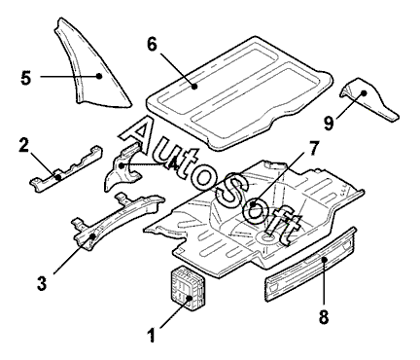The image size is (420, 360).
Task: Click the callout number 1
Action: click(151, 335)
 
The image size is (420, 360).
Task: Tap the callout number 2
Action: click(24, 145)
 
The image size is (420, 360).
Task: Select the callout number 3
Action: click(42, 283)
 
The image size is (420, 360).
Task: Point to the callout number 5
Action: click(26, 78)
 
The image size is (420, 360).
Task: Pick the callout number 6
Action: click(152, 44)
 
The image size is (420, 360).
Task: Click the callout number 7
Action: click(312, 149)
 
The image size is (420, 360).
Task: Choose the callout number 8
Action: click(324, 316)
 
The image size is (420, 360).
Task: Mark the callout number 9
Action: click(329, 124)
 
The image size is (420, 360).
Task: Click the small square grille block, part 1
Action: click(188, 288)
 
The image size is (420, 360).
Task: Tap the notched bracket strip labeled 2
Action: click(66, 168)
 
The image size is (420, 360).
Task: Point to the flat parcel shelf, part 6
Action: click(240, 92)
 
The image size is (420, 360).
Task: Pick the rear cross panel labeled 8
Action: click(311, 265)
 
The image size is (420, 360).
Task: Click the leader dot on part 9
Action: click(364, 93)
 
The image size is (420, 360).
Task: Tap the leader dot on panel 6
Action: click(194, 87)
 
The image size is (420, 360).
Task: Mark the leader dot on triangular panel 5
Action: click(99, 76)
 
